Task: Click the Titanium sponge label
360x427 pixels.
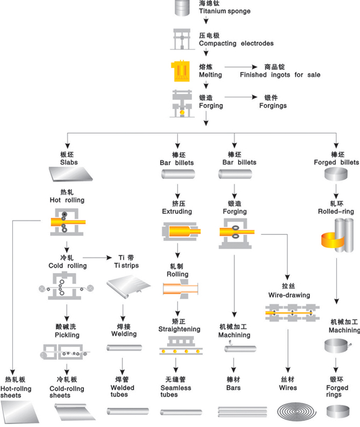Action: (x=220, y=11)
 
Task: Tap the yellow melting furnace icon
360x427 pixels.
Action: (x=181, y=70)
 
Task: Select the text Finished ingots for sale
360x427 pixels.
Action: (x=280, y=75)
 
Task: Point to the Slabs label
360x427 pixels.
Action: (x=68, y=162)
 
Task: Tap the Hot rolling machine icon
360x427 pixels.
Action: (x=66, y=222)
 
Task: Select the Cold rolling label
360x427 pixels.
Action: (x=67, y=266)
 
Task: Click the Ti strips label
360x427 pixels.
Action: (x=126, y=266)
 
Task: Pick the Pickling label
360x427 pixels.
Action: (x=67, y=335)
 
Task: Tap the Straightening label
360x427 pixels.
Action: (x=179, y=329)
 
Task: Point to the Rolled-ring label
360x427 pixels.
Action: (x=336, y=211)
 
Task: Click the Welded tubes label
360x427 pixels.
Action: (x=123, y=392)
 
